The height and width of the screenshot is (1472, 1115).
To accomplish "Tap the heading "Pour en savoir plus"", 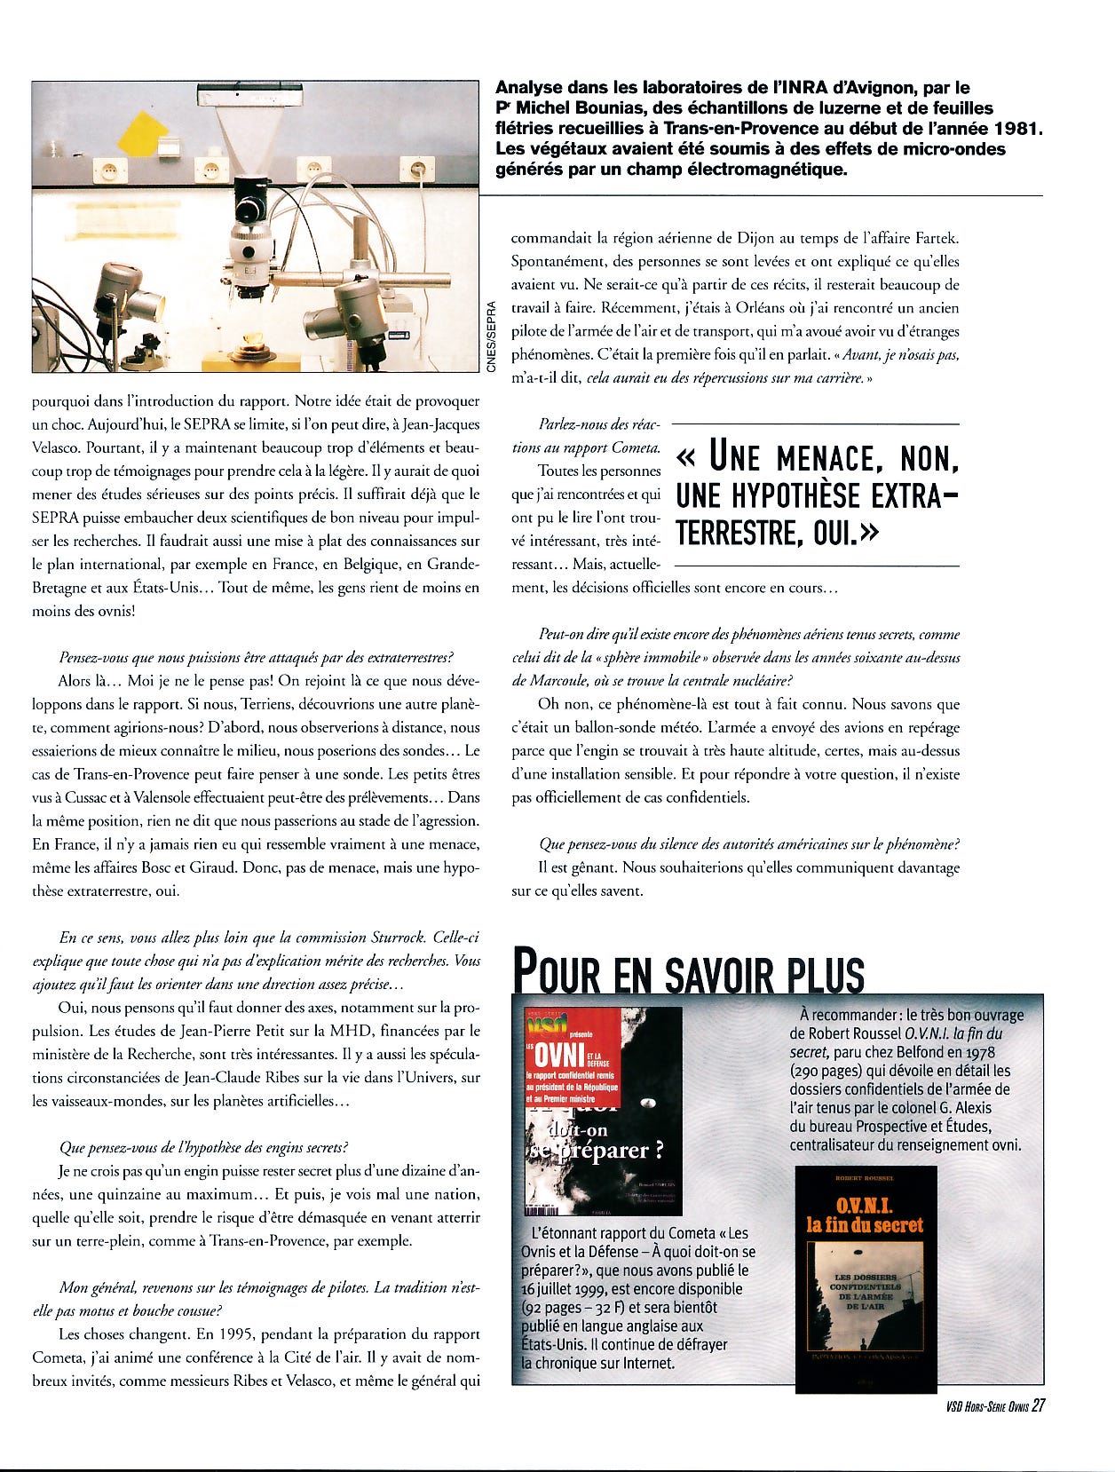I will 688,973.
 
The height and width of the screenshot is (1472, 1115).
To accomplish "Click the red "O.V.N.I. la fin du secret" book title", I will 865,1215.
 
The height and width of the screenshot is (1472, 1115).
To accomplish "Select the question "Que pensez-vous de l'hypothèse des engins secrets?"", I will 203,1147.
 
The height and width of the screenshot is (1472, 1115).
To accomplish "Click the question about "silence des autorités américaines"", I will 748,844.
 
